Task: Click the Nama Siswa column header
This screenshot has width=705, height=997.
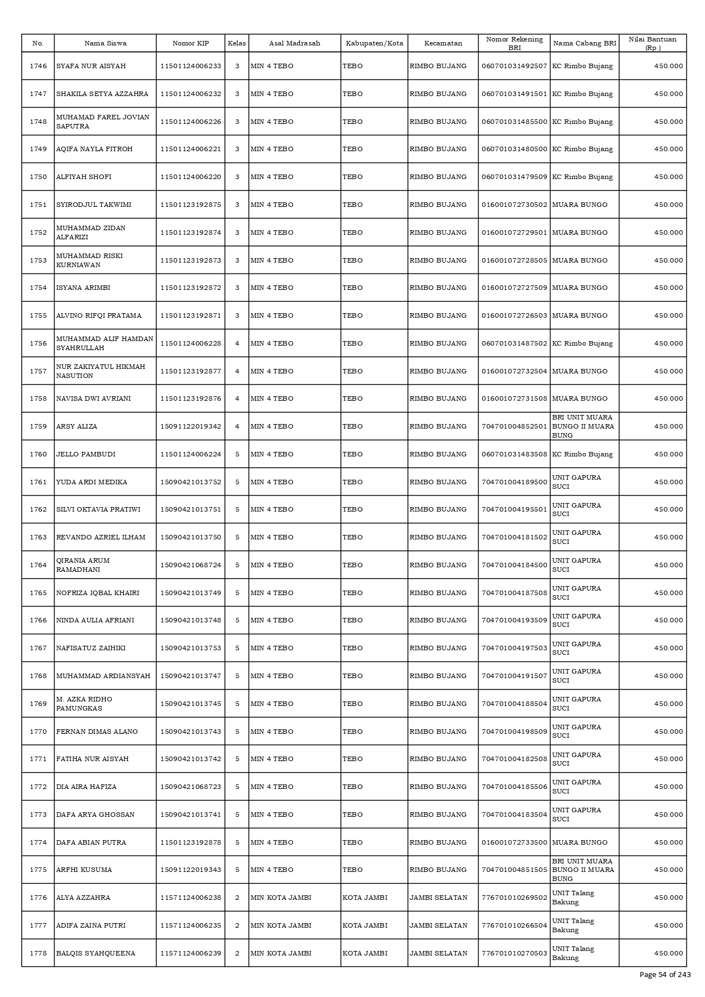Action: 105,43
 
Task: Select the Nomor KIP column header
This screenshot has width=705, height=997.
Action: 190,43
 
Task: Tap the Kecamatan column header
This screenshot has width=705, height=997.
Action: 443,43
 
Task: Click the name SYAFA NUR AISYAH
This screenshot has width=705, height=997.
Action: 91,66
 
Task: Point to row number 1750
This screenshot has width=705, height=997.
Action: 38,177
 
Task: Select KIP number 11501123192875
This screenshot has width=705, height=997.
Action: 190,205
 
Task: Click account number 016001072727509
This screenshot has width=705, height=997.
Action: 514,288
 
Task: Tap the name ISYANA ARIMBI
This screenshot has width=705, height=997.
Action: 83,288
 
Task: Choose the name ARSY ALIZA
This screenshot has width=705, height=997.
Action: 77,426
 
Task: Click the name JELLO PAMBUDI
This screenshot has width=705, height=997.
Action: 86,454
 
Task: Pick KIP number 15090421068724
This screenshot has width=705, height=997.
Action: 190,565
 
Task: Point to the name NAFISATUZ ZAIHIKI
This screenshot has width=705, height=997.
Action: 91,648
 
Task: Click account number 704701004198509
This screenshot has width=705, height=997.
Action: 514,732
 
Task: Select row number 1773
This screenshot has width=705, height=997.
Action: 38,815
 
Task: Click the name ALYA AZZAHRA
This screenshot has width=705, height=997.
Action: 83,898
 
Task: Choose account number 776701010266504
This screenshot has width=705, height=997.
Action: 514,925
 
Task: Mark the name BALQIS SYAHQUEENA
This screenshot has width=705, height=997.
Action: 95,953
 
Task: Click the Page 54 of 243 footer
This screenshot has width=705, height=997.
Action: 665,975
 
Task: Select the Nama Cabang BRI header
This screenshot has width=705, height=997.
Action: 584,43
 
